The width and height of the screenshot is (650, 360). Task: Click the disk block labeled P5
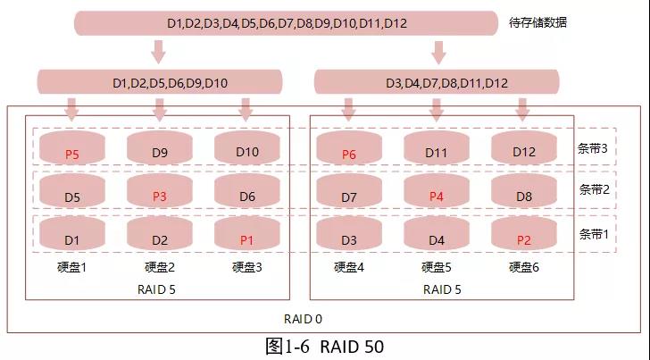click(72, 149)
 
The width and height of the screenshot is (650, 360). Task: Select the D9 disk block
click(160, 149)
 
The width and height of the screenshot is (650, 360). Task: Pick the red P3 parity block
click(160, 193)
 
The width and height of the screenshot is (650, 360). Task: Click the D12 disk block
click(524, 149)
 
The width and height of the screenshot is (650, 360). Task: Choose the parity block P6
click(349, 149)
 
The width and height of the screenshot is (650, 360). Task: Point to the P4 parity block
click(437, 193)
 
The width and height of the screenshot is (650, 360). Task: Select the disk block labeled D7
click(349, 193)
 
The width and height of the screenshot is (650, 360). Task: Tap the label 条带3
click(593, 148)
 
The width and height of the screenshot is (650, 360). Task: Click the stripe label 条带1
click(593, 234)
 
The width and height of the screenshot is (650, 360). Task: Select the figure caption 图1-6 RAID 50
click(324, 346)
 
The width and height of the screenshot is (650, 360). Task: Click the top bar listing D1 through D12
click(286, 23)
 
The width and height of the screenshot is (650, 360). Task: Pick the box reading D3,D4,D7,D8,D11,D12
click(437, 83)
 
